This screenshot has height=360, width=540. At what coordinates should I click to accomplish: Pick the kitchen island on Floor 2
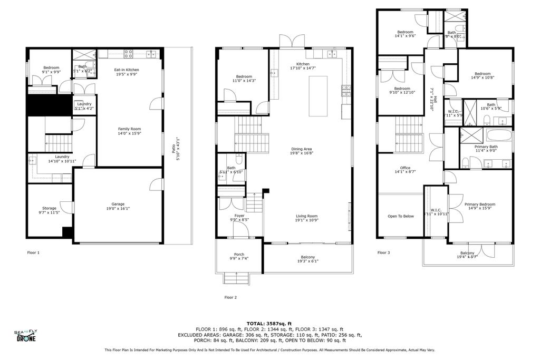point(318,92)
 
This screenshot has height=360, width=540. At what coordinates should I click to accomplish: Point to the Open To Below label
point(401,216)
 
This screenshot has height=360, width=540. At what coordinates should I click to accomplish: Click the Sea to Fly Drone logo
point(25,336)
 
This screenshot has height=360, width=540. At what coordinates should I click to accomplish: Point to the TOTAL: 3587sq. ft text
point(269,324)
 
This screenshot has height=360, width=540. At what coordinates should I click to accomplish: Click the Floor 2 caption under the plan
point(230,297)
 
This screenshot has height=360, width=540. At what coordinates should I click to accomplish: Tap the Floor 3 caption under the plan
point(383,252)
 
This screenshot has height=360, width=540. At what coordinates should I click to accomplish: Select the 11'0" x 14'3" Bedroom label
point(244,79)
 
